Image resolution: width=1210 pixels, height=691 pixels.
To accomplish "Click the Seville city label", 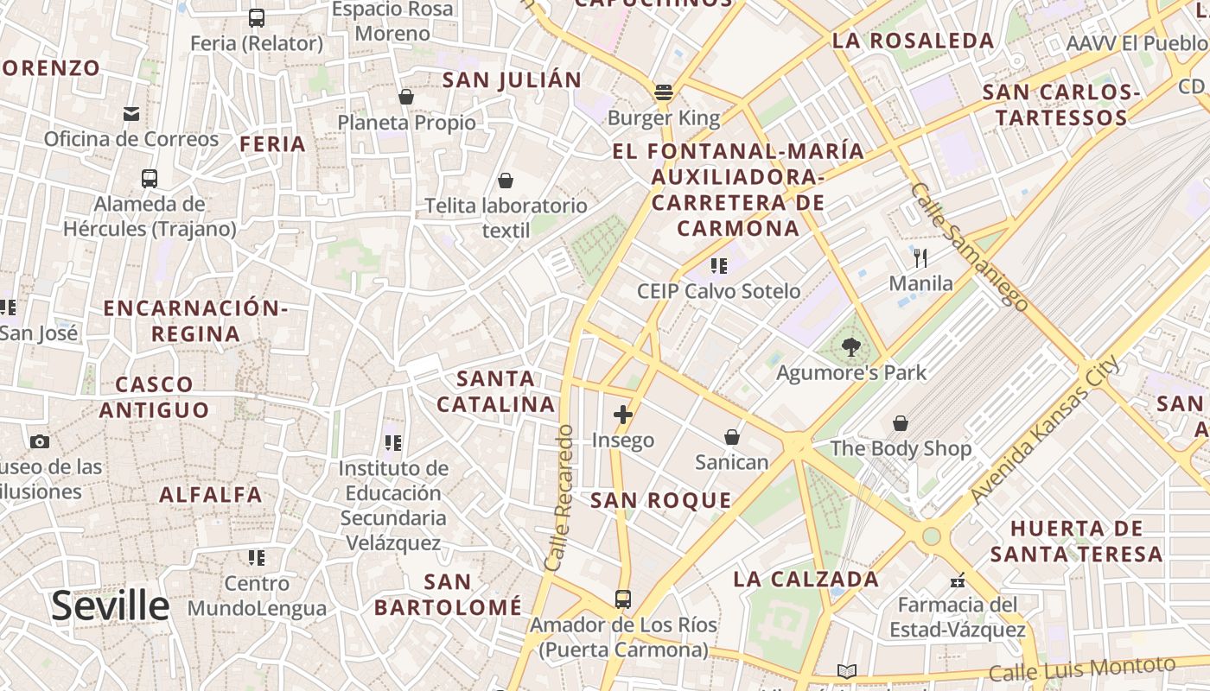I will (110, 606).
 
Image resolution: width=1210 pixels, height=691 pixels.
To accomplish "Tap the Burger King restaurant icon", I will (664, 92).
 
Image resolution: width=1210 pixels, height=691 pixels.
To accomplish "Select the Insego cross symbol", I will (623, 415).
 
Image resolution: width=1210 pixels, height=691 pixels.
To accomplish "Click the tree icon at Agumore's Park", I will (850, 347).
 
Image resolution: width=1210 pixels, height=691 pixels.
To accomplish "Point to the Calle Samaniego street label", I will (969, 246).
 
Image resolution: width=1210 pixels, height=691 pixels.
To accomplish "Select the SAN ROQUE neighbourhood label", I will (660, 500).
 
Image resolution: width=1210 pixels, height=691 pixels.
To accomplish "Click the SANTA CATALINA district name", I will (495, 391).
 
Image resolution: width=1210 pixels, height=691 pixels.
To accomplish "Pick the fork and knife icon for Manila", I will (920, 257).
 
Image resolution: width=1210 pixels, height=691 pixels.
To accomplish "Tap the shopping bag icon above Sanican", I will (732, 437).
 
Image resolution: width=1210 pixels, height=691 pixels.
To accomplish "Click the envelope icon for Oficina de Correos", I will (131, 114).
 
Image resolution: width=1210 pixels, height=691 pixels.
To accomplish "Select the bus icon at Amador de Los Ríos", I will (623, 599).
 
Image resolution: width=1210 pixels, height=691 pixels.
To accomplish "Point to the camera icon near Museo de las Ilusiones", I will (39, 442).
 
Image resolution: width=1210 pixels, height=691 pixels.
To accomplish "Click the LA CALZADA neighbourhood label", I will (806, 579).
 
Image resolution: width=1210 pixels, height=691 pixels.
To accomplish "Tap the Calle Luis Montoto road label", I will (1082, 669).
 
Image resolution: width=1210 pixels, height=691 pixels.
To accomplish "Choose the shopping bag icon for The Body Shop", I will (901, 423).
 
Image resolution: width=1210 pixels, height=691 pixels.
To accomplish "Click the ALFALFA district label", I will (210, 495).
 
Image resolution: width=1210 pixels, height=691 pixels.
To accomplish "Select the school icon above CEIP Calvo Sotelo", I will (718, 266).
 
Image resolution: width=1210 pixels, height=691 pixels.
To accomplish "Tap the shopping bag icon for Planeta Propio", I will (406, 97).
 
